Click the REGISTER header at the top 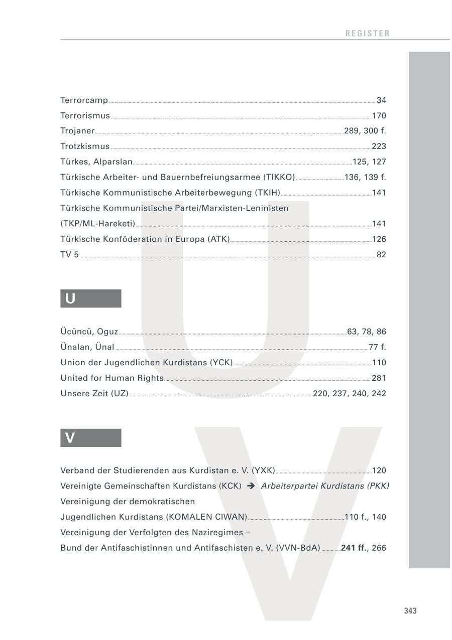pos(367,34)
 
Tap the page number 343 pos(410,611)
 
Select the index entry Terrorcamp pos(84,100)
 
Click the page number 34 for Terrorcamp pos(381,100)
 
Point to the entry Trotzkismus pos(85,146)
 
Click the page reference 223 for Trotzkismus pos(379,146)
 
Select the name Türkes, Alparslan pos(96,162)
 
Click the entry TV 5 pos(70,255)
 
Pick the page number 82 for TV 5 pos(381,255)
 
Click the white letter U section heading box pos(90,298)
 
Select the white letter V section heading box pos(90,438)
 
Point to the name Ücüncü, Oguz pos(89,332)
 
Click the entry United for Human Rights pos(112,378)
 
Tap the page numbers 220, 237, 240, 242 pos(350,394)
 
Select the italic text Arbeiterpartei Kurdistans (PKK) pos(325,486)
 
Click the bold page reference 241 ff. pos(354,548)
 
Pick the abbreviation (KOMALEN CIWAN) pos(206,517)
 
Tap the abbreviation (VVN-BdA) pos(298,548)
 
